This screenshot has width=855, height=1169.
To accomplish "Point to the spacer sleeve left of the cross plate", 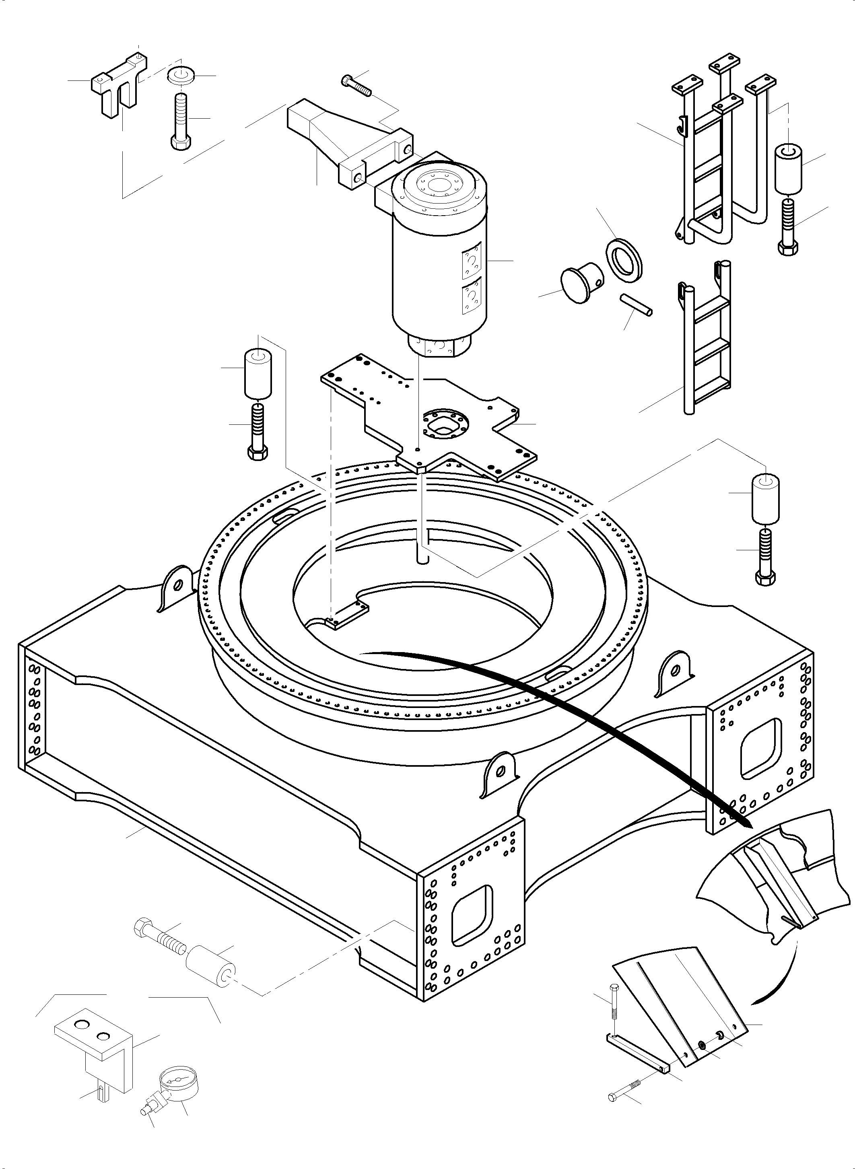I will click(258, 374).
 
